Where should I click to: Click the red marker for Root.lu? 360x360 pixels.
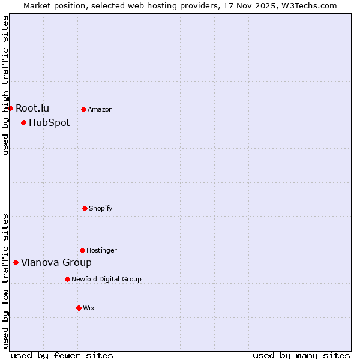click(x=10, y=108)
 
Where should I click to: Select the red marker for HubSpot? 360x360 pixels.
click(x=23, y=122)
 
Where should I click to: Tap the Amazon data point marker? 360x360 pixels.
click(x=83, y=109)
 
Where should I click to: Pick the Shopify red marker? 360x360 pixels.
click(x=85, y=208)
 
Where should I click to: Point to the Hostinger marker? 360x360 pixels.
click(x=82, y=250)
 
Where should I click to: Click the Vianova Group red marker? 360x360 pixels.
click(x=16, y=262)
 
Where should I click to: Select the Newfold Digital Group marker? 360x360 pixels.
click(x=67, y=279)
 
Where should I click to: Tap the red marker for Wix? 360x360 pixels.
click(x=79, y=308)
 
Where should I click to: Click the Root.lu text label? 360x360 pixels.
click(x=32, y=108)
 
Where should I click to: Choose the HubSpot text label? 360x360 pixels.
click(x=49, y=122)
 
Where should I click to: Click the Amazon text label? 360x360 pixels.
click(x=100, y=109)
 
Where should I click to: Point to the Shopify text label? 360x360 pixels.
click(x=101, y=208)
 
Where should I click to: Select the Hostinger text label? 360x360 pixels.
click(x=101, y=250)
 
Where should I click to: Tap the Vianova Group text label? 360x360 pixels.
click(x=56, y=262)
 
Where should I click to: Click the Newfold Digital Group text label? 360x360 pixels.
click(x=106, y=279)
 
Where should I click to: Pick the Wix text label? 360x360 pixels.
click(x=89, y=308)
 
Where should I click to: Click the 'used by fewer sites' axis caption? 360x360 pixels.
click(x=62, y=355)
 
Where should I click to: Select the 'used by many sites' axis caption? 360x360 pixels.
click(x=301, y=355)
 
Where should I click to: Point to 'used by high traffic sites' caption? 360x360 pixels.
click(x=5, y=85)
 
